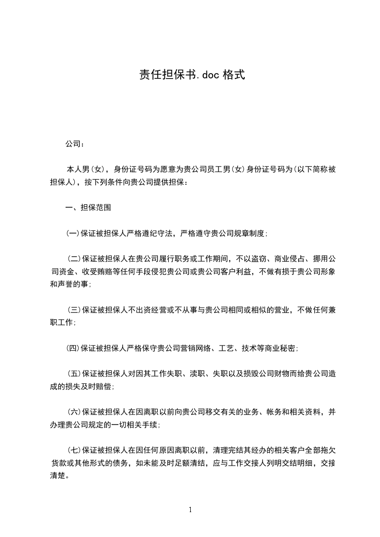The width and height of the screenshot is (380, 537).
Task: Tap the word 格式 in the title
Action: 234,75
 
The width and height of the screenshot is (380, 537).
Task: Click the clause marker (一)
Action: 73,234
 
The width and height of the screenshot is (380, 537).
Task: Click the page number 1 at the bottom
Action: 190,510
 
